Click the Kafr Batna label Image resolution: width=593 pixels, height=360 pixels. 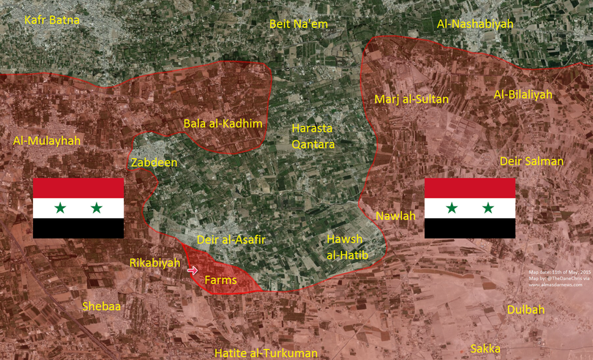[x=52, y=20]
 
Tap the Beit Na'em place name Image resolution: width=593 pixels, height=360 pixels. [x=299, y=24]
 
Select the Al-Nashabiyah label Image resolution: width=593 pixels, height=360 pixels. [x=475, y=24]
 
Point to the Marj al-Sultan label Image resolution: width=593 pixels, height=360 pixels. [x=411, y=99]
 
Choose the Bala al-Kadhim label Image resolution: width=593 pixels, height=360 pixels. [x=223, y=123]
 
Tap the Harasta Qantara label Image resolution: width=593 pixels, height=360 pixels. [x=313, y=136]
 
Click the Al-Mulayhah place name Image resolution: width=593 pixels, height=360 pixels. [x=47, y=140]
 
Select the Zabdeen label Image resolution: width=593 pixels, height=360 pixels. [x=154, y=162]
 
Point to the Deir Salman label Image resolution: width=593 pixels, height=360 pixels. [x=532, y=161]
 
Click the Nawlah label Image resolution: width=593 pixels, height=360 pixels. [x=395, y=216]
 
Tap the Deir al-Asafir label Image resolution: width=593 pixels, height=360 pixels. [x=231, y=239]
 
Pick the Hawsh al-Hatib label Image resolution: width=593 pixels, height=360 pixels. [x=346, y=247]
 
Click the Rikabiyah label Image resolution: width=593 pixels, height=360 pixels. [x=154, y=263]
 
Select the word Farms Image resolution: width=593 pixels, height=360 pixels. [x=220, y=280]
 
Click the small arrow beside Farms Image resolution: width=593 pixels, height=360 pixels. [x=193, y=271]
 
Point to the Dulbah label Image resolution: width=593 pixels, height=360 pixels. [x=526, y=310]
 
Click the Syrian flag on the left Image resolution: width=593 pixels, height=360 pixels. [x=78, y=208]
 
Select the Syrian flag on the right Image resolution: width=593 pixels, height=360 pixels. [x=469, y=208]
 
